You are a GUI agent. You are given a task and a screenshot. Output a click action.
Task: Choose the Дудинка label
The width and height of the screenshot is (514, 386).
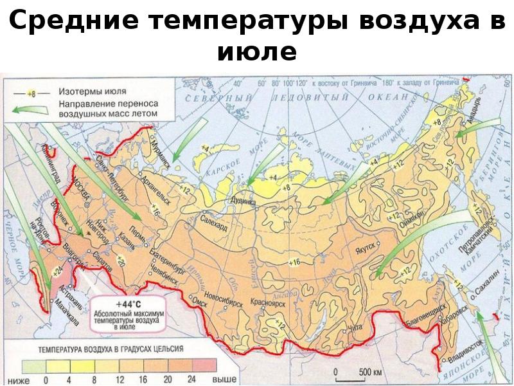point(242,201)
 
